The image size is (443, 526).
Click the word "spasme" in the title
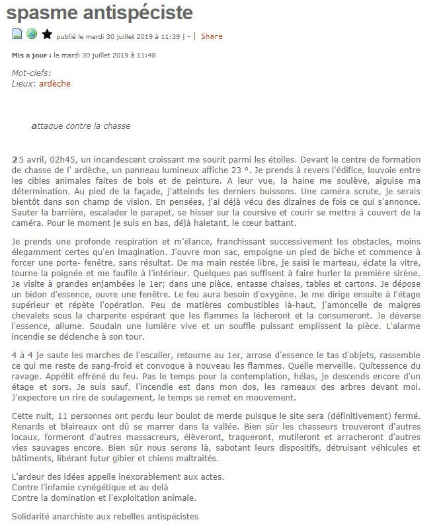(x=46, y=13)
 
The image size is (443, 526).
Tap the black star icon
(x=47, y=34)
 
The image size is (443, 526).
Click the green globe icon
(x=32, y=34)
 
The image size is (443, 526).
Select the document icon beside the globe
(x=18, y=34)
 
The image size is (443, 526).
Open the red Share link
(x=212, y=36)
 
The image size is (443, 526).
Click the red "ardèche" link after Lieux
(x=55, y=84)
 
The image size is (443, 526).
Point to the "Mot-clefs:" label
(x=31, y=73)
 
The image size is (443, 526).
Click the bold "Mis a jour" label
(x=30, y=55)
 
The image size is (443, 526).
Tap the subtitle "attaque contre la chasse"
(x=81, y=126)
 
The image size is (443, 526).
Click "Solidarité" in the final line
(x=32, y=515)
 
